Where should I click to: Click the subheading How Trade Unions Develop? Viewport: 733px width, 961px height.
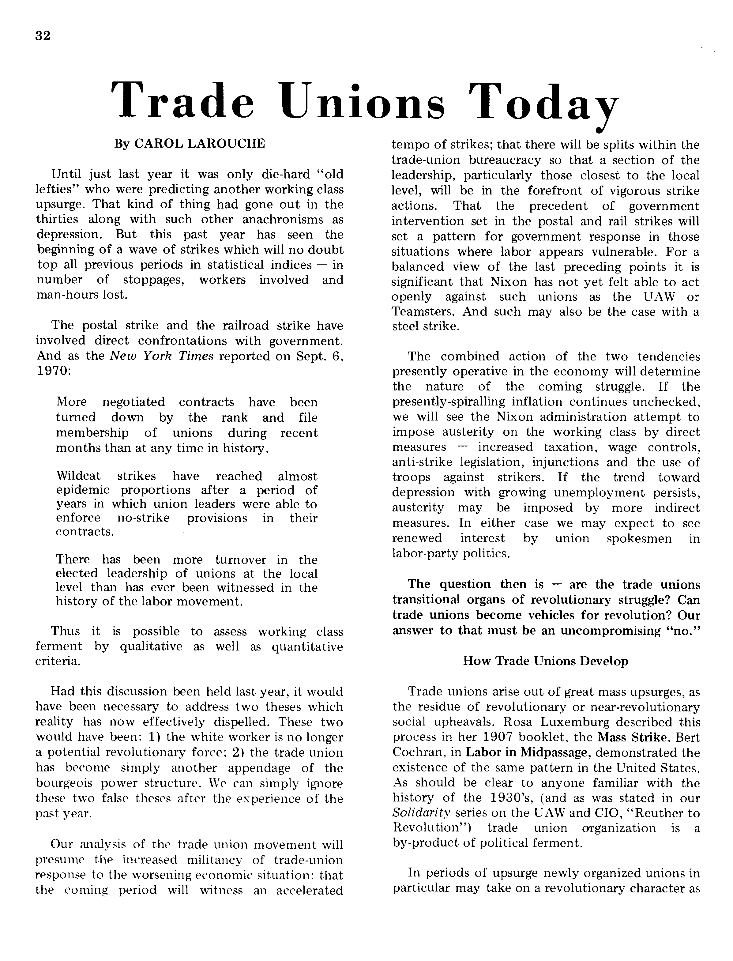pyautogui.click(x=545, y=661)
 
